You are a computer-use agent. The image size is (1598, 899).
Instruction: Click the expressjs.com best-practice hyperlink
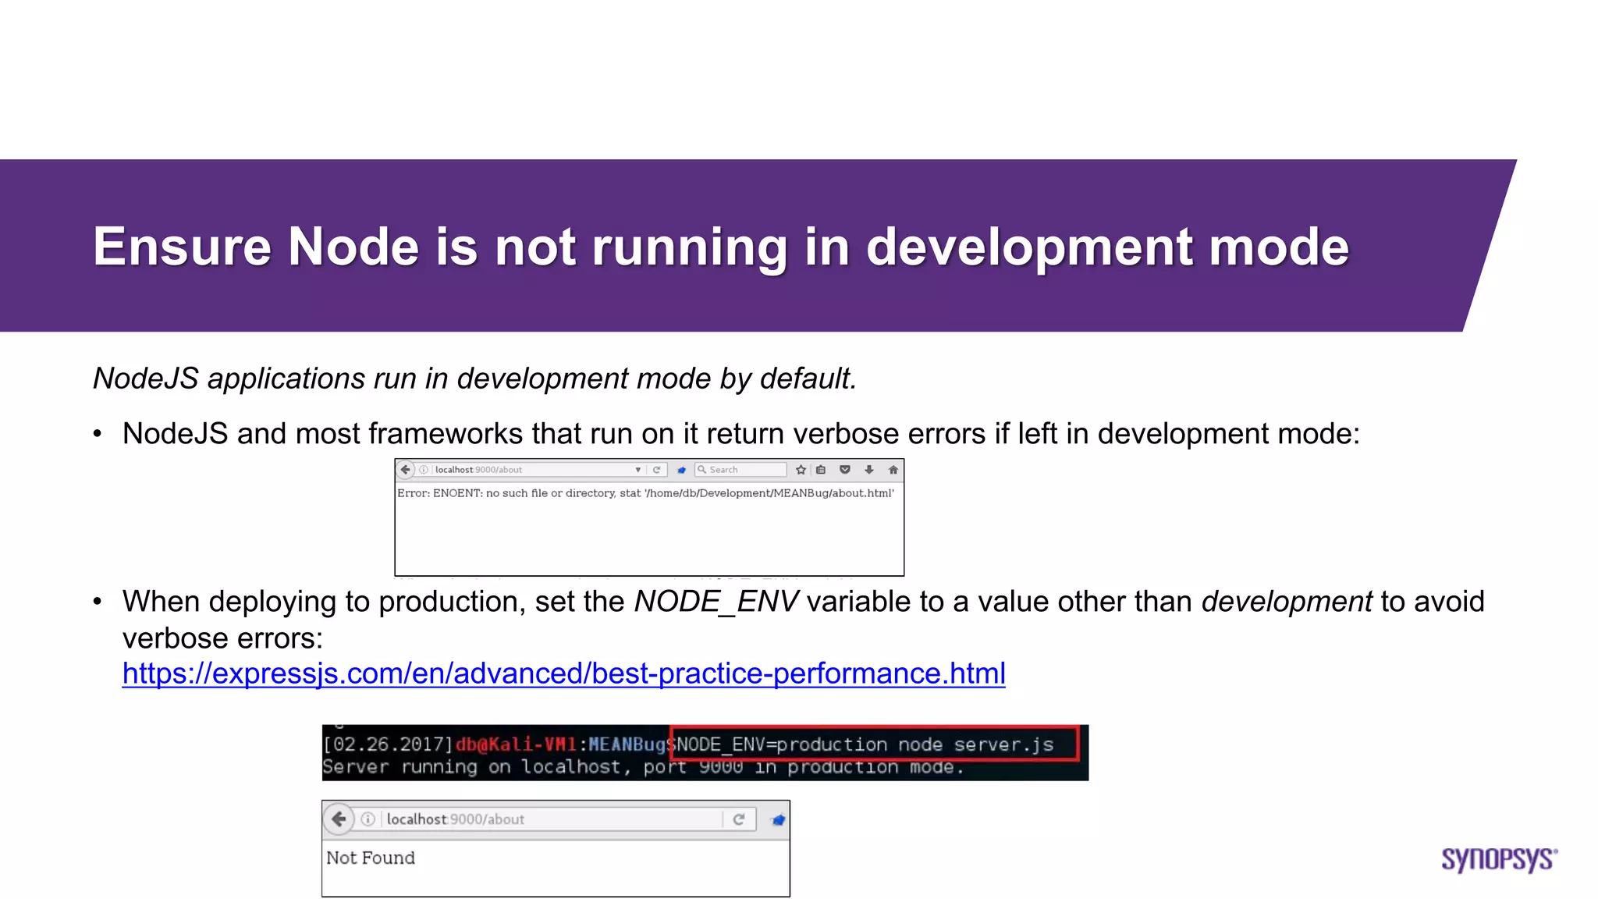[563, 673]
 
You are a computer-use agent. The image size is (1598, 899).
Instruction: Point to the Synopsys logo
[1498, 859]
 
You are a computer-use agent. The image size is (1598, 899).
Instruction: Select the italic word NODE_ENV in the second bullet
[716, 602]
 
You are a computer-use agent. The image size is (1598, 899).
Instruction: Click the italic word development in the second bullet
[1286, 602]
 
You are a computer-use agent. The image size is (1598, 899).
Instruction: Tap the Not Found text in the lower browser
[371, 858]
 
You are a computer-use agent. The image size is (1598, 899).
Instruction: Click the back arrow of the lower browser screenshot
[339, 819]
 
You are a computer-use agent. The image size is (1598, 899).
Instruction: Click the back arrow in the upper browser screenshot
[405, 470]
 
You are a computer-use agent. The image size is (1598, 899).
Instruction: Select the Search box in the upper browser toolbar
[741, 470]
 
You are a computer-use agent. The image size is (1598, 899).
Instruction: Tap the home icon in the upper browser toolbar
[893, 470]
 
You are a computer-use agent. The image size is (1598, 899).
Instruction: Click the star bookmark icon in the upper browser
[801, 470]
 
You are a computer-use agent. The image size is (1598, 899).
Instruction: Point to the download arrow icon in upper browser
[868, 470]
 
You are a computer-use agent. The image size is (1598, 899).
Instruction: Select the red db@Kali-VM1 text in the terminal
[516, 744]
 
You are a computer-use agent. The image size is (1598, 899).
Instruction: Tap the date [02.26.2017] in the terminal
[388, 744]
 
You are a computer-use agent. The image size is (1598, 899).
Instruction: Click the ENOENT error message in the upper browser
[645, 493]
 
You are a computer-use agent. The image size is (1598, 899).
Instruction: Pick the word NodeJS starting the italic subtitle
[146, 378]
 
